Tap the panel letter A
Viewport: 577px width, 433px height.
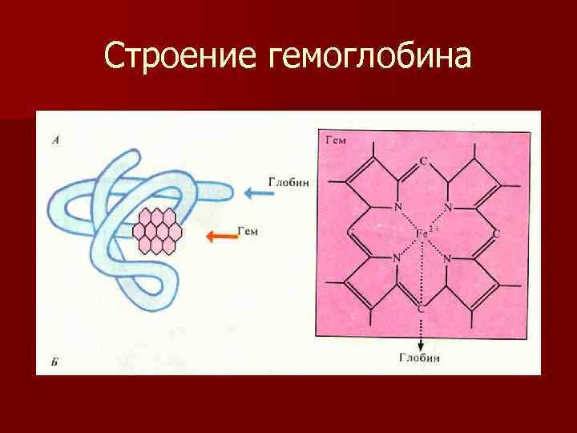pyautogui.click(x=55, y=140)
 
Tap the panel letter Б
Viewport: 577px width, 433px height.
pyautogui.click(x=54, y=362)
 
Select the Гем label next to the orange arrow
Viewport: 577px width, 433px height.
pyautogui.click(x=249, y=231)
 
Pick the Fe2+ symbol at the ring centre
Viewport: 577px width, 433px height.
pyautogui.click(x=426, y=233)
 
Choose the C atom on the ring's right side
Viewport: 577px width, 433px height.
pyautogui.click(x=497, y=233)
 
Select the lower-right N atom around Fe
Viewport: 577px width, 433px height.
pyautogui.click(x=448, y=258)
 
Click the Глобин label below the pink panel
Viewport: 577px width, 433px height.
pyautogui.click(x=419, y=358)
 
